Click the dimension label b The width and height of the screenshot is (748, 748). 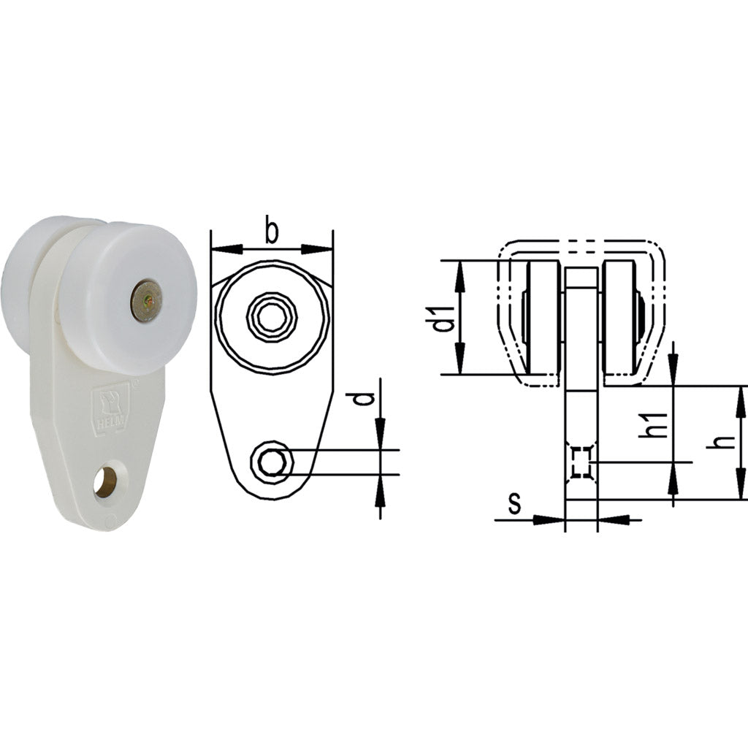click(272, 232)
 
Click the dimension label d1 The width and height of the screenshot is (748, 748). click(443, 318)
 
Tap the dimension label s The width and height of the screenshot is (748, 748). click(514, 503)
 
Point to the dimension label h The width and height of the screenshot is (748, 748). click(723, 442)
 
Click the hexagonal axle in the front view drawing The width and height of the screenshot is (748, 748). click(272, 316)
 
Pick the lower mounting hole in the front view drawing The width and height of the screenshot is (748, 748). click(272, 462)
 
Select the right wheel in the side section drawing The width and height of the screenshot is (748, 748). click(620, 318)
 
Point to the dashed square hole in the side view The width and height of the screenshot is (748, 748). click(581, 462)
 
